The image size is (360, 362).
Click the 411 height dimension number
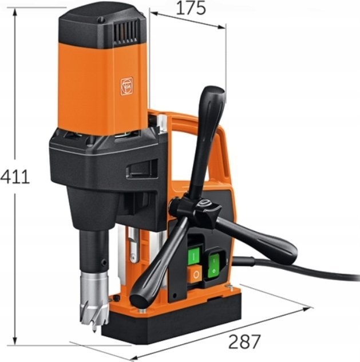[x=15, y=176]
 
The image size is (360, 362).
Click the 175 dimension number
[x=191, y=8]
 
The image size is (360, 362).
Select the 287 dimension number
[x=244, y=342]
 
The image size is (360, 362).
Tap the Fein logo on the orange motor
[x=127, y=86]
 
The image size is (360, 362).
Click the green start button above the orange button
[x=193, y=256]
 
